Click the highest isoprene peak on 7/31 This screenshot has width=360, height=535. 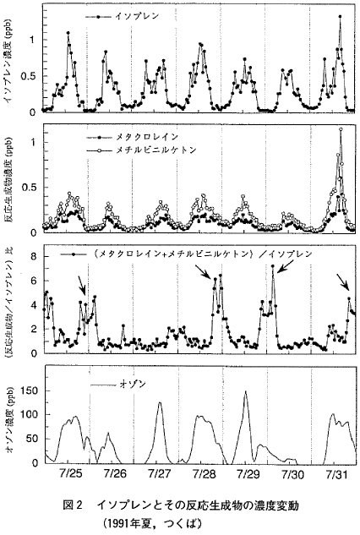pos(340,17)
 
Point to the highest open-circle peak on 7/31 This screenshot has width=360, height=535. pos(341,129)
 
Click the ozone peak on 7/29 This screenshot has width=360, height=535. pos(245,392)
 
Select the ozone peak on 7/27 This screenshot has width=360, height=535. pos(160,402)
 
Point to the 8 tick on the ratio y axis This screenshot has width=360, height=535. pos(37,254)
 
